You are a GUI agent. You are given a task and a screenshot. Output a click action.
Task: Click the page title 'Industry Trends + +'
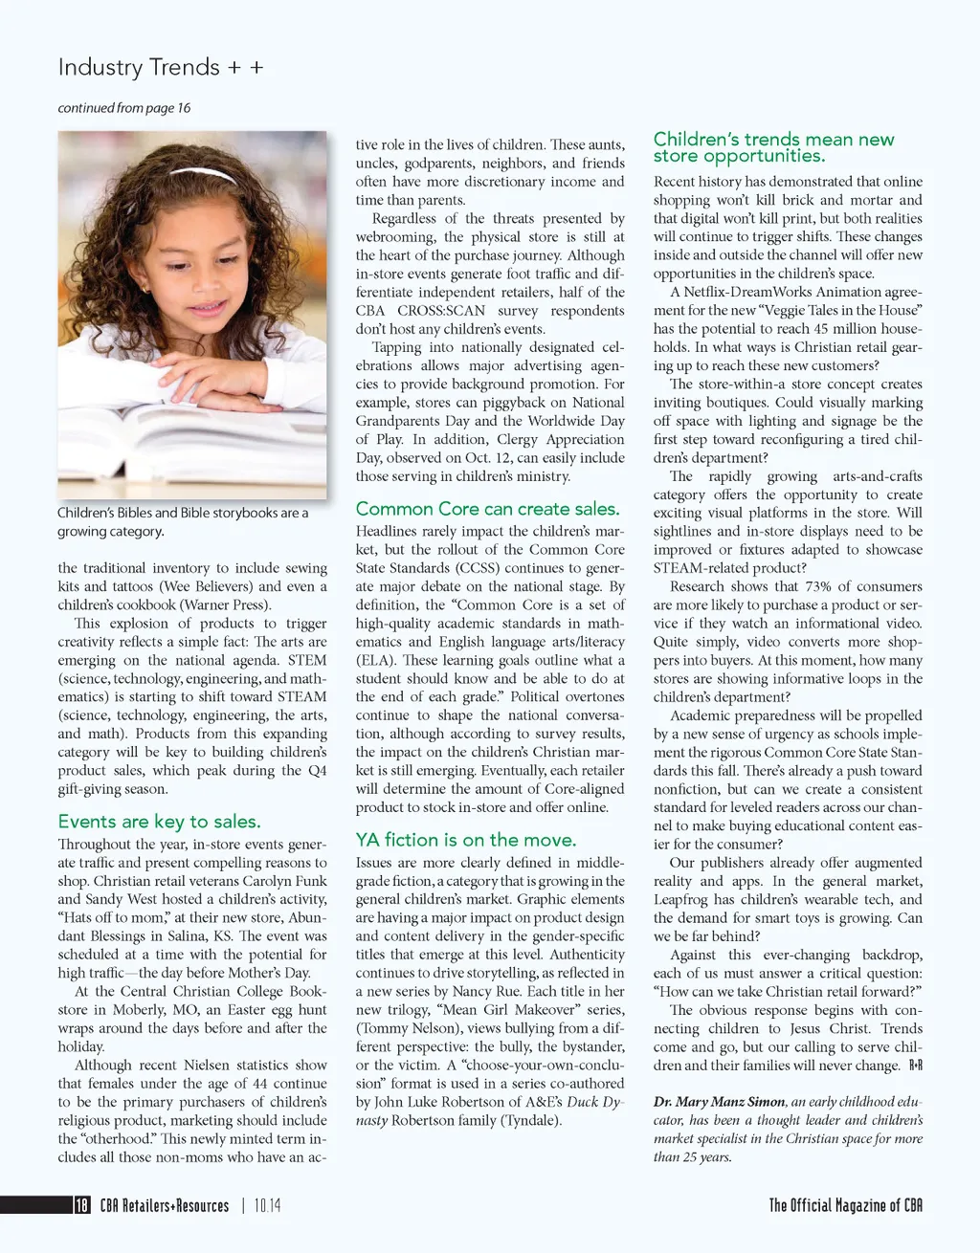click(161, 68)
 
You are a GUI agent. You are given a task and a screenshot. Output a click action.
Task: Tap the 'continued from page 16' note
click(124, 108)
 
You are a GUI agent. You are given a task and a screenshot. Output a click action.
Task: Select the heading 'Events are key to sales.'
click(159, 822)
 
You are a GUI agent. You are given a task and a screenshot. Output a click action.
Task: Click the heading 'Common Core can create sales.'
click(487, 509)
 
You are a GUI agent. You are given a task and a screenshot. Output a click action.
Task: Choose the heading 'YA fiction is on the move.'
click(466, 840)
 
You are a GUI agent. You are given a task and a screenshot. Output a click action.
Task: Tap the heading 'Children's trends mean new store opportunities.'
click(773, 147)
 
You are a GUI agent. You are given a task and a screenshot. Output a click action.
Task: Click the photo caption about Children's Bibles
click(183, 521)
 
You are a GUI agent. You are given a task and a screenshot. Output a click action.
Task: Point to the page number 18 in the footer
click(82, 1205)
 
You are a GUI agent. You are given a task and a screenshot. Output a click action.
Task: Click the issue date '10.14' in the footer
click(268, 1205)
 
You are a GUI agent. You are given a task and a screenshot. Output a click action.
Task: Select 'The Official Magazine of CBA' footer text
click(846, 1205)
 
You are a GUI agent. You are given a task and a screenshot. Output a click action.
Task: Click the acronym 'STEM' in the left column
click(307, 660)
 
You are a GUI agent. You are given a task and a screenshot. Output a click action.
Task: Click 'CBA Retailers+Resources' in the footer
click(165, 1205)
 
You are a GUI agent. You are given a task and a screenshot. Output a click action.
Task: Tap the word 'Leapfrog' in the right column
click(682, 899)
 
